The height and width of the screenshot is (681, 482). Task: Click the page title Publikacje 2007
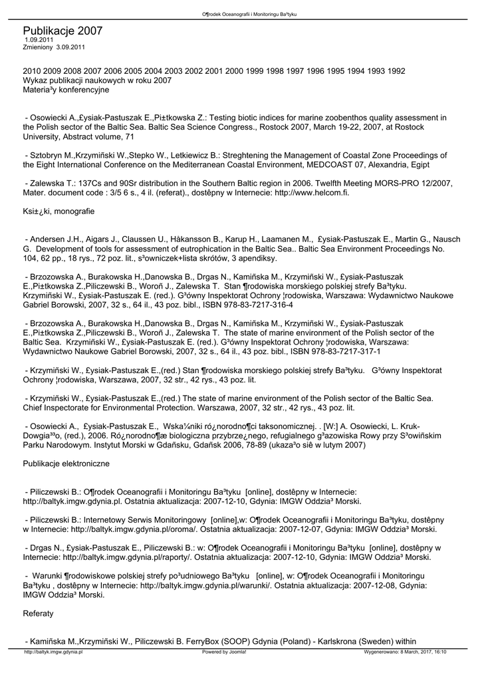(62, 31)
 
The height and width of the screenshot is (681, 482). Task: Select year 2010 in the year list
(32, 70)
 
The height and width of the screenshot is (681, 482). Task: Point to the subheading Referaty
(38, 614)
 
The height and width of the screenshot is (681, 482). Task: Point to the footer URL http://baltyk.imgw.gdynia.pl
(53, 652)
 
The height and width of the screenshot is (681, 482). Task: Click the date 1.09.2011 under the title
(39, 40)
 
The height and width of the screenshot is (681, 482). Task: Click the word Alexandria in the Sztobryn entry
(376, 164)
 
